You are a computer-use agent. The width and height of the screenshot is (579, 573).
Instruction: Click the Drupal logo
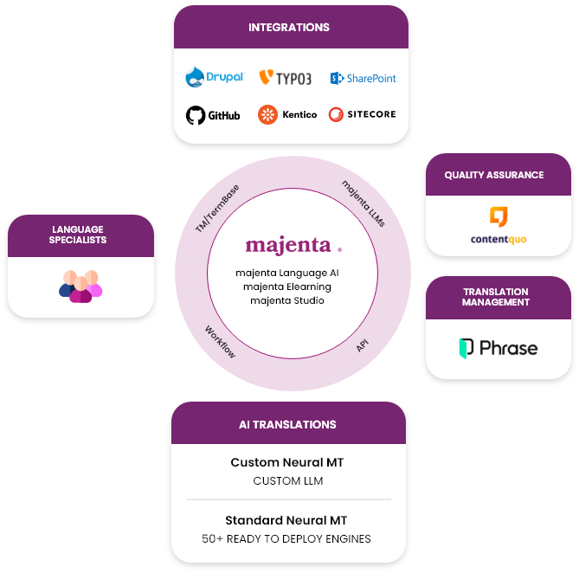215,78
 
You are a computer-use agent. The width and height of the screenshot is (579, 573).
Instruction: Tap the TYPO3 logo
285,78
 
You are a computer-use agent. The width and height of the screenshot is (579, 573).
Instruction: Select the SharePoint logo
363,78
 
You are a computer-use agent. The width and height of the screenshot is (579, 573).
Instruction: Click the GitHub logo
213,115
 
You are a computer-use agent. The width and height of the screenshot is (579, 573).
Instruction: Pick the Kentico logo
287,114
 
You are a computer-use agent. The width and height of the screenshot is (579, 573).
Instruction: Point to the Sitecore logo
362,114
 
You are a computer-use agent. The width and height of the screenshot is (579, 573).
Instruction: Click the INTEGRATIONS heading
289,28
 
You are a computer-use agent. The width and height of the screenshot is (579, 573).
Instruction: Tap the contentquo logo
498,227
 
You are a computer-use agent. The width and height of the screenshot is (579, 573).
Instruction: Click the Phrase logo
498,348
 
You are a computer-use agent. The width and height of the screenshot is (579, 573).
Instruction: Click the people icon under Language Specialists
80,286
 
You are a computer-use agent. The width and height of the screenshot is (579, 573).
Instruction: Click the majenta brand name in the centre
288,245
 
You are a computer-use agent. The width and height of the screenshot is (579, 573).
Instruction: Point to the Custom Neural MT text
287,463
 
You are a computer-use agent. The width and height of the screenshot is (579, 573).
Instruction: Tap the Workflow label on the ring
220,341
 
